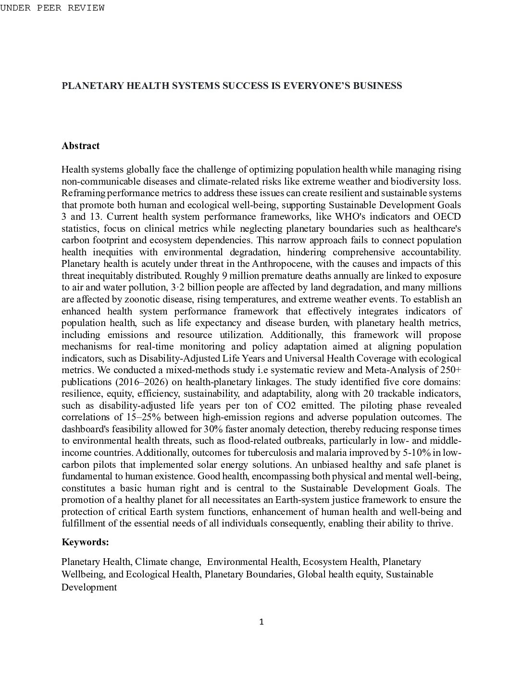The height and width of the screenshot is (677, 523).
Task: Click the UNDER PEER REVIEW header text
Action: tap(52, 8)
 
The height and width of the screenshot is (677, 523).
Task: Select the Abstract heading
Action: tap(80, 146)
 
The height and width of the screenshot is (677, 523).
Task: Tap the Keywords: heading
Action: tap(85, 542)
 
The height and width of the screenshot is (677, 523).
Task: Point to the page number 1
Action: tap(261, 622)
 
